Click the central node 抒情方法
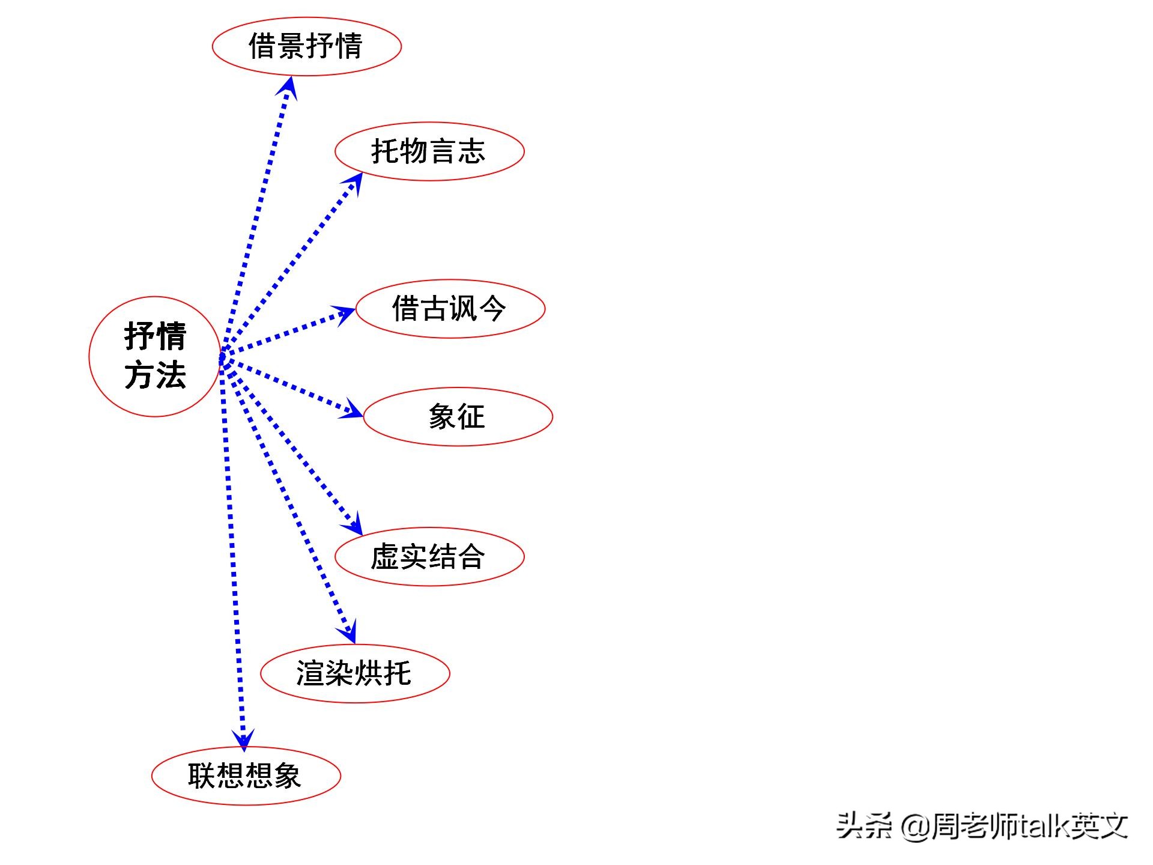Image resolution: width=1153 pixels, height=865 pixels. [155, 356]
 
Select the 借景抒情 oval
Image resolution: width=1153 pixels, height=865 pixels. [306, 46]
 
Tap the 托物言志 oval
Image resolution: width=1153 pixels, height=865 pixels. [429, 151]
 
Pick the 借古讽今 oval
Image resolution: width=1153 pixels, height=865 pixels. [450, 309]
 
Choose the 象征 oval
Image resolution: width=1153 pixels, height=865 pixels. [458, 416]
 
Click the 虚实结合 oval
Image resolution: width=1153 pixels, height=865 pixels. [429, 556]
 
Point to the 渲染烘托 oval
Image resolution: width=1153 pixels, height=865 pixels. [355, 673]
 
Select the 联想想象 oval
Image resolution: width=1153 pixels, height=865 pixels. [246, 775]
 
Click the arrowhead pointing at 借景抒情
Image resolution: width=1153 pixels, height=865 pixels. [289, 86]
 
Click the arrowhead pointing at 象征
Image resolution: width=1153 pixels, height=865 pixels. [353, 410]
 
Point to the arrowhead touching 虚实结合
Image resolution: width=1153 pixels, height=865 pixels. [354, 524]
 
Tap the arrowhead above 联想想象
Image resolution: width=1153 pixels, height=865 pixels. [243, 739]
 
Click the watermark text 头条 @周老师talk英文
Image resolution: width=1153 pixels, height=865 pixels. [982, 826]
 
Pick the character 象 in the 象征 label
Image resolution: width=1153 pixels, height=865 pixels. [443, 416]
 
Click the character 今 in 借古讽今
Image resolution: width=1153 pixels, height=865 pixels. [492, 309]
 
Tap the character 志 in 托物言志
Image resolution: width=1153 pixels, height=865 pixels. [472, 151]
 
